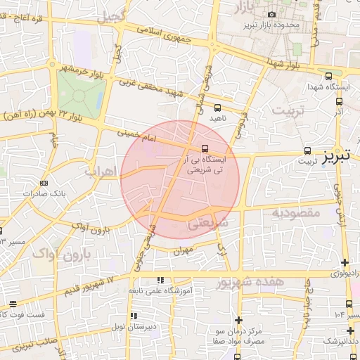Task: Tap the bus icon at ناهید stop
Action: click(217, 108)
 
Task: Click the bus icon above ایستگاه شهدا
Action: click(328, 77)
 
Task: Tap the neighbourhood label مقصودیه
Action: click(296, 212)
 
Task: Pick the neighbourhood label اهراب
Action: click(100, 170)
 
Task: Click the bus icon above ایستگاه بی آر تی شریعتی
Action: click(205, 148)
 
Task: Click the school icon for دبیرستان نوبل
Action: click(134, 316)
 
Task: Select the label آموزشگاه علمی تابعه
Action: click(160, 290)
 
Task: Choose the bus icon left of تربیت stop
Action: click(308, 150)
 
